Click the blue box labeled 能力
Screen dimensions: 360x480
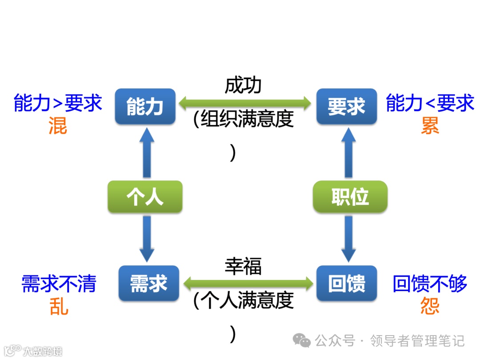click(145, 107)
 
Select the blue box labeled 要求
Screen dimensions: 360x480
click(346, 107)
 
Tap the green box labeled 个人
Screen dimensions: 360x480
click(145, 196)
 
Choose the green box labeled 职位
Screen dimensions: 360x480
click(350, 196)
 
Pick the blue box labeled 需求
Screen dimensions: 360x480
click(148, 283)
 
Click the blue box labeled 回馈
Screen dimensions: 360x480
click(346, 283)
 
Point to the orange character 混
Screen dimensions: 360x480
click(58, 126)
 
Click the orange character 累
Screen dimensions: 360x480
click(430, 126)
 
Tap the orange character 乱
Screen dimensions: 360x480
click(59, 306)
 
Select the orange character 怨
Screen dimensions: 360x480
click(430, 306)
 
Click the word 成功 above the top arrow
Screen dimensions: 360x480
click(243, 86)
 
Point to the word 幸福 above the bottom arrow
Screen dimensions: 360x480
click(243, 266)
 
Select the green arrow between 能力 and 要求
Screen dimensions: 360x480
click(245, 104)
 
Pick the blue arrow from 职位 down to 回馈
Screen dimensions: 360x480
click(349, 238)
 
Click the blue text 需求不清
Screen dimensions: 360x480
click(59, 284)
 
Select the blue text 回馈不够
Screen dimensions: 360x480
click(430, 284)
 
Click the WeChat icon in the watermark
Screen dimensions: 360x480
click(302, 341)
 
